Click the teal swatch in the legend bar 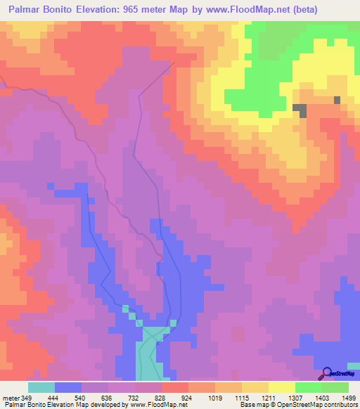coord(41,387)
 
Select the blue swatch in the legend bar coord(68,387)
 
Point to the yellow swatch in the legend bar coord(282,387)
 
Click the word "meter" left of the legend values coord(11,398)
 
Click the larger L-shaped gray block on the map coord(301,110)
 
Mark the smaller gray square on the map coord(337,100)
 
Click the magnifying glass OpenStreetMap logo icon coord(327,372)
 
